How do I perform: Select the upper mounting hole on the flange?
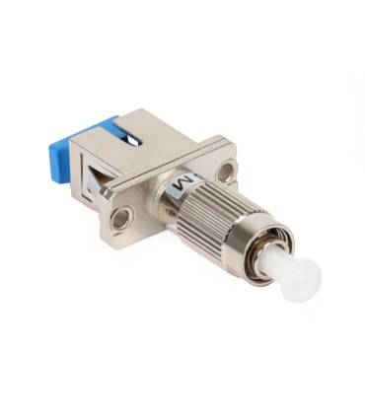(x=227, y=174)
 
